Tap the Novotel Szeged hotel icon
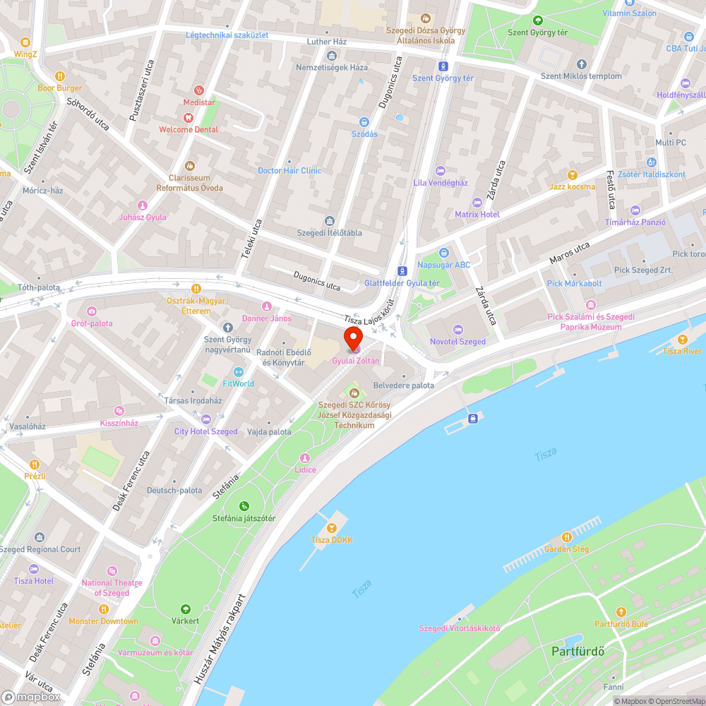(457, 330)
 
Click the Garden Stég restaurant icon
(566, 537)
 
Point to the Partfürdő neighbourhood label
(577, 651)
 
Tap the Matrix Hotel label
(477, 214)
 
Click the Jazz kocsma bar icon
(573, 174)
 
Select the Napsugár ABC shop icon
(443, 253)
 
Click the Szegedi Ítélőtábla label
(329, 233)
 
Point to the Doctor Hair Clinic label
(289, 170)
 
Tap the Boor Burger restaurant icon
(60, 76)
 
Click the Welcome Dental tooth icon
(188, 118)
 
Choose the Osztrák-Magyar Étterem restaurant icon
(196, 289)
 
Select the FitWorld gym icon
(238, 372)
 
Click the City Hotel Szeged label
(206, 431)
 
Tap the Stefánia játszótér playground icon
(244, 505)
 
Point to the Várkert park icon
(185, 609)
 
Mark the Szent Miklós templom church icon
(581, 64)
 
